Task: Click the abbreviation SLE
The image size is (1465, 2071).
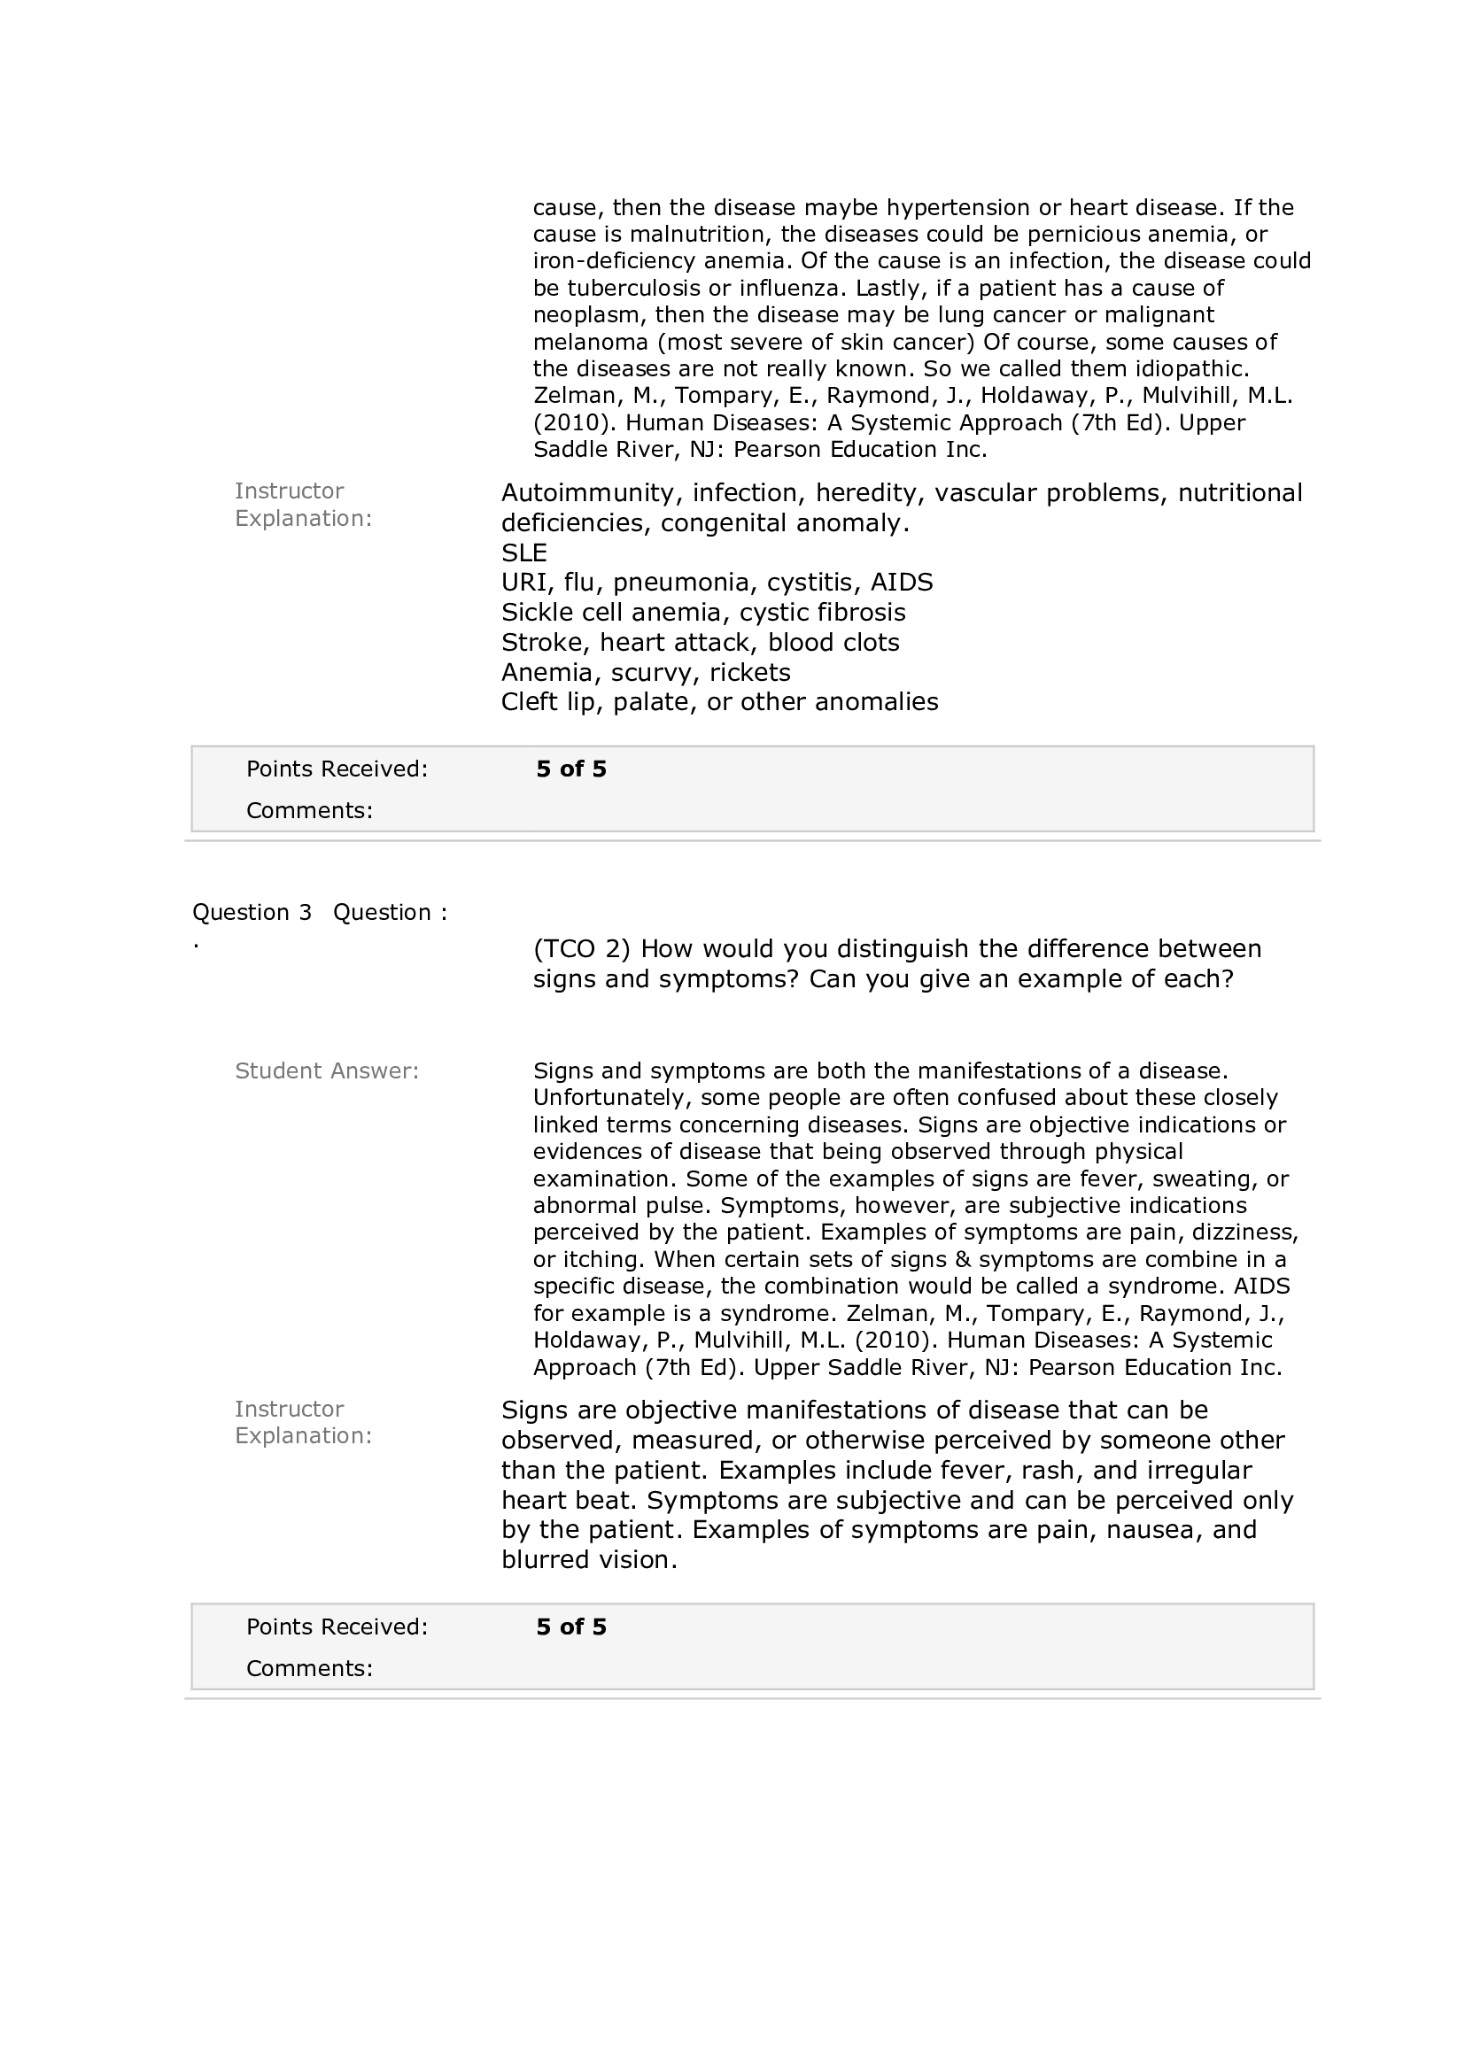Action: coord(524,553)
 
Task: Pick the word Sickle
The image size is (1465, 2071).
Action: coord(539,613)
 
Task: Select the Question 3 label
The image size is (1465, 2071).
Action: coord(252,913)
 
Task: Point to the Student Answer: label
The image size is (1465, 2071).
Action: coord(327,1071)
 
